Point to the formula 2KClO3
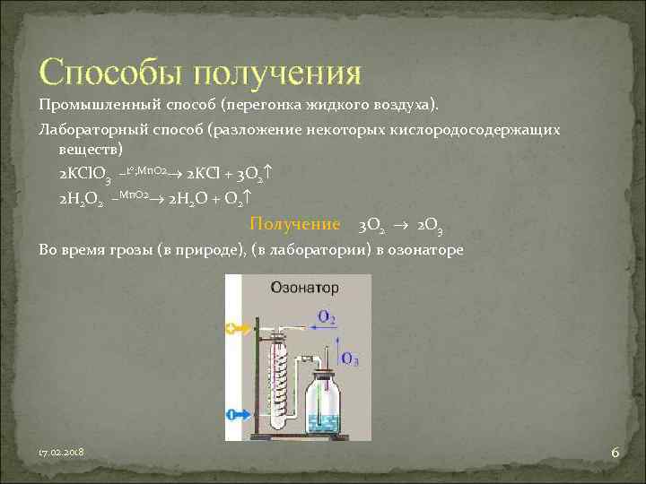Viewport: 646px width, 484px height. (86, 173)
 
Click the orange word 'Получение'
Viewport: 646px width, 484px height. (294, 224)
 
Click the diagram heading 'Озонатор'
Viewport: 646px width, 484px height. (304, 288)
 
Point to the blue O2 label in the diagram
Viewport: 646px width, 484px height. (327, 316)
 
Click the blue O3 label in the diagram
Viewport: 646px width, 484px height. (350, 359)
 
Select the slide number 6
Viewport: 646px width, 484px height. (615, 453)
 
